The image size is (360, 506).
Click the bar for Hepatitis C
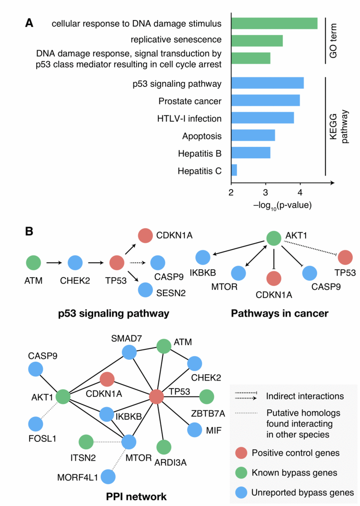click(234, 170)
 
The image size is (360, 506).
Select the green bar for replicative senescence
click(257, 41)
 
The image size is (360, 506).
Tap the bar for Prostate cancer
click(265, 100)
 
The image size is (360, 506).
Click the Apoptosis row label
click(202, 136)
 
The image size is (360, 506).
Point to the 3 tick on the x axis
click(265, 192)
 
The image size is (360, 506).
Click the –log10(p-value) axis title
click(282, 205)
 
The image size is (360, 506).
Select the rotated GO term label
click(333, 41)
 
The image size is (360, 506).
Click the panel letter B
click(29, 231)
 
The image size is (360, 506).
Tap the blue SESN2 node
click(145, 290)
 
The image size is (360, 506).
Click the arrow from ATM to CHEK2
click(54, 263)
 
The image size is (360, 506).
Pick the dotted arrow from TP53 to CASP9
click(137, 263)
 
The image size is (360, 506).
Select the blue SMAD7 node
click(129, 352)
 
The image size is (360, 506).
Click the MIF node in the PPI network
click(194, 430)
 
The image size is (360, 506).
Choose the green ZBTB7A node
click(206, 397)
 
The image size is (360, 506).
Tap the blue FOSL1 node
click(36, 424)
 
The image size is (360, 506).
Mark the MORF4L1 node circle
click(108, 477)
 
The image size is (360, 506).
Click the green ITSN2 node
click(86, 442)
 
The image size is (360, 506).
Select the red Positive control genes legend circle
click(241, 453)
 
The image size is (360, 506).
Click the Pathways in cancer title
click(280, 313)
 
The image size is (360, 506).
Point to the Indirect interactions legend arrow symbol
click(246, 396)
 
